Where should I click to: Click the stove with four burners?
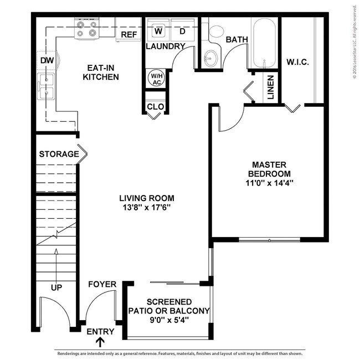click(87, 29)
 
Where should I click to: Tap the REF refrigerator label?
click(128, 34)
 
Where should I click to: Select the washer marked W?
click(158, 30)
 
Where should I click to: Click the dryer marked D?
click(182, 30)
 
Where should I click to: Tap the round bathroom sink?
click(210, 58)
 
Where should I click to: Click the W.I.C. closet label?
click(297, 61)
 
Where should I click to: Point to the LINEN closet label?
click(270, 88)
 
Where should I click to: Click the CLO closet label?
click(155, 106)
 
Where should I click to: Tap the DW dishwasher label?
click(45, 60)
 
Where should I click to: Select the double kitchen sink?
click(46, 86)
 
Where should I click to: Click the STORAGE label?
click(59, 154)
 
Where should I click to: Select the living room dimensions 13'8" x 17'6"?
click(147, 208)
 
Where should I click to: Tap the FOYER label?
click(102, 285)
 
